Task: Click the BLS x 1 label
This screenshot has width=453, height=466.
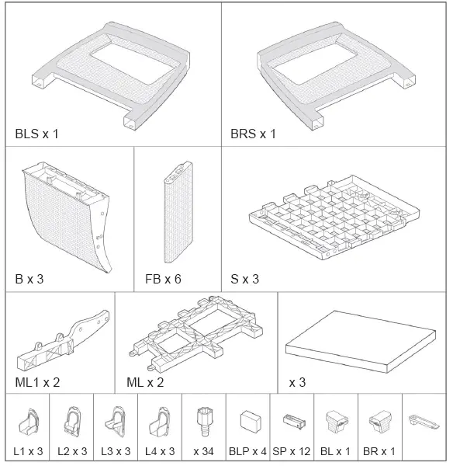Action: click(36, 134)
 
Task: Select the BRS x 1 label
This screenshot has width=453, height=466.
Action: click(253, 134)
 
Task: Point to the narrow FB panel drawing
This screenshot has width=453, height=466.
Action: click(178, 214)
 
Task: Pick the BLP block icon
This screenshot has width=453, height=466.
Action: click(249, 422)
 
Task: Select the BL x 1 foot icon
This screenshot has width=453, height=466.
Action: click(336, 422)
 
